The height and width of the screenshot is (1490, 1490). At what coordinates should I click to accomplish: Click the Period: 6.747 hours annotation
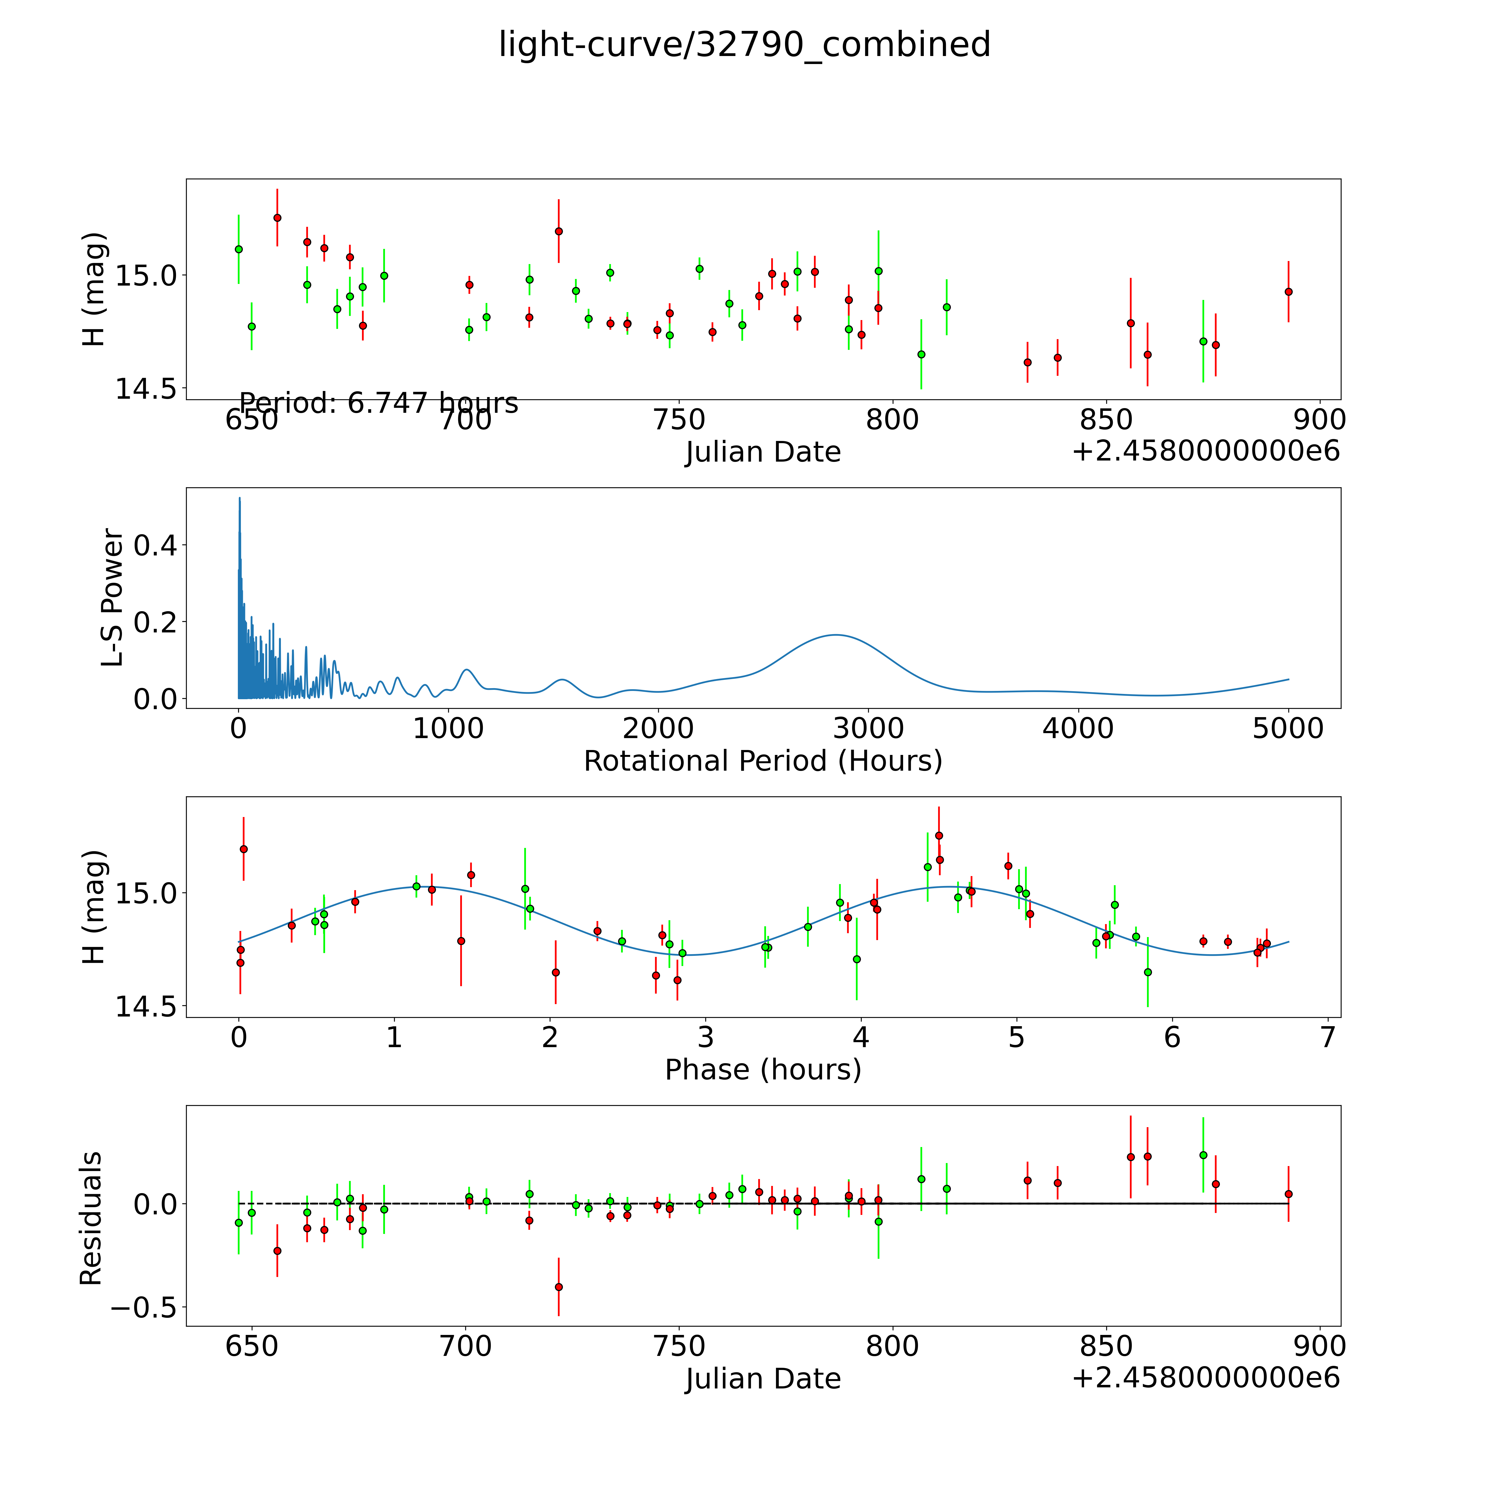click(379, 403)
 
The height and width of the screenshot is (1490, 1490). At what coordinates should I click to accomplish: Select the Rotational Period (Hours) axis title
click(763, 761)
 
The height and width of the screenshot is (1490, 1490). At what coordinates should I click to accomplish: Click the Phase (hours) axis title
click(763, 1070)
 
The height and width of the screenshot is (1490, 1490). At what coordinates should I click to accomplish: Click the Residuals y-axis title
click(91, 1218)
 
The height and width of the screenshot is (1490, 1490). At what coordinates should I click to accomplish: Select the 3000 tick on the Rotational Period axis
click(868, 729)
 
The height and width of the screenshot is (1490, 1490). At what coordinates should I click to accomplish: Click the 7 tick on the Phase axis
click(1327, 1038)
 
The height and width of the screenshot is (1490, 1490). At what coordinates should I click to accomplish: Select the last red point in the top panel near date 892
click(1288, 292)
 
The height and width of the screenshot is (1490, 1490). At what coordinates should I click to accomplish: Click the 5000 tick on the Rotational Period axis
click(1288, 729)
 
